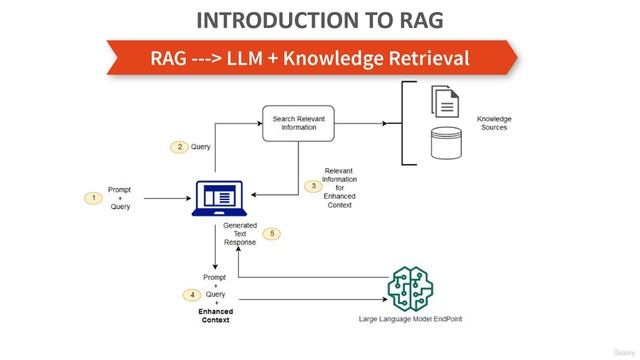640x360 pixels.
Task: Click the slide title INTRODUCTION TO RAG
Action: tap(320, 20)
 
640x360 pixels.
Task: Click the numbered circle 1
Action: tap(94, 198)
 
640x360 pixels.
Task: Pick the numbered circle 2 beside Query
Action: tap(179, 147)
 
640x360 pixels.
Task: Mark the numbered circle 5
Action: tap(272, 234)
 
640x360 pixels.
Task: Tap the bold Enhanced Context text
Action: tap(215, 315)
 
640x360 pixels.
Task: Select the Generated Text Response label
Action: tap(240, 234)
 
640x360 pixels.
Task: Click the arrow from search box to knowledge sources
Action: tap(360, 124)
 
